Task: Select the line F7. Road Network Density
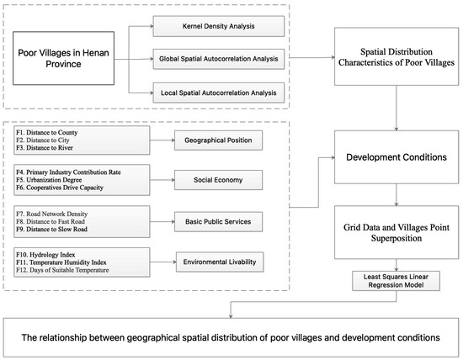[52, 212]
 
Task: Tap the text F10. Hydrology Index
[46, 253]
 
